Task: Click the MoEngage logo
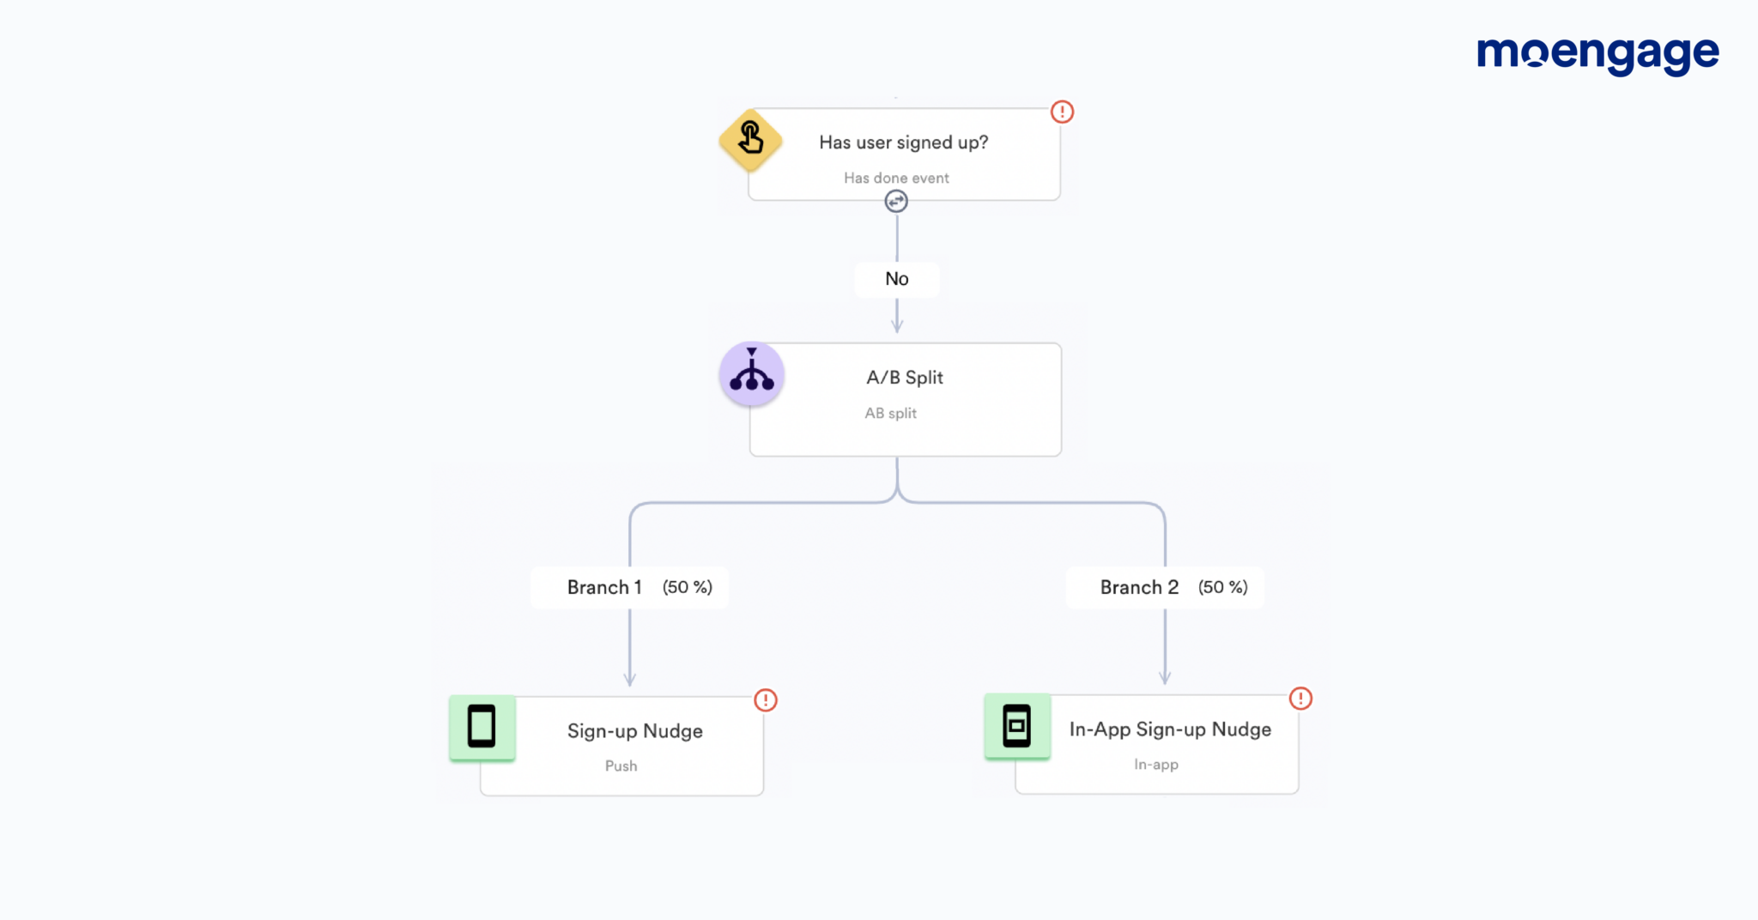tap(1597, 55)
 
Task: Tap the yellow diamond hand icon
tap(750, 139)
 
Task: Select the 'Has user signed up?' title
tap(903, 142)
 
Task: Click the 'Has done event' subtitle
tap(896, 178)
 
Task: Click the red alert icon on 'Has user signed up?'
tap(1062, 112)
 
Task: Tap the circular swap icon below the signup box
tap(896, 201)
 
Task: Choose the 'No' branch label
tap(896, 279)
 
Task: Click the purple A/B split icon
tap(752, 374)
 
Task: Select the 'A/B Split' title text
tap(905, 378)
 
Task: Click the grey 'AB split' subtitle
tap(890, 413)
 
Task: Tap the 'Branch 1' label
tap(604, 587)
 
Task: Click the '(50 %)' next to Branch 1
tap(687, 587)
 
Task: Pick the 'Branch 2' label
tap(1139, 587)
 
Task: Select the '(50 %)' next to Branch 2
tap(1222, 587)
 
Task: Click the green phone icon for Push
tap(482, 727)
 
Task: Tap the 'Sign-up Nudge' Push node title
tap(634, 731)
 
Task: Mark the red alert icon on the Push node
tap(766, 700)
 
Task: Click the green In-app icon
tap(1017, 726)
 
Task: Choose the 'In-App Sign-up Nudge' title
tap(1170, 729)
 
